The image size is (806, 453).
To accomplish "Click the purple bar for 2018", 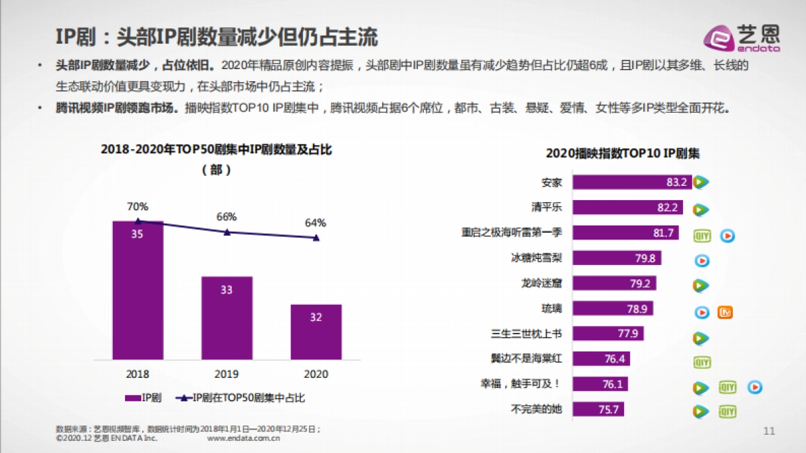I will (138, 289).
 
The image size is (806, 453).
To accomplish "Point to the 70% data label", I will (138, 207).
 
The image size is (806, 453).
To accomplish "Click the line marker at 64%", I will (317, 238).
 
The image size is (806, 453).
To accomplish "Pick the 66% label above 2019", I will (226, 217).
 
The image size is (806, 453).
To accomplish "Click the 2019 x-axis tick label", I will (227, 374).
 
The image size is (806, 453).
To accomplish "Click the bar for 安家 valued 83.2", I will (631, 182).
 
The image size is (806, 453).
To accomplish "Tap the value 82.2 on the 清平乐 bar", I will (667, 208).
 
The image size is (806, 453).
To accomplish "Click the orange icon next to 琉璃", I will (724, 312).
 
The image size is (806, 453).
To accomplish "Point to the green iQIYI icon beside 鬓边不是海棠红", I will (702, 362).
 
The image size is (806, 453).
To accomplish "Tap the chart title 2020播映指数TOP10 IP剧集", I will (623, 153).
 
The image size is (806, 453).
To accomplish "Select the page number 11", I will (770, 431).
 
